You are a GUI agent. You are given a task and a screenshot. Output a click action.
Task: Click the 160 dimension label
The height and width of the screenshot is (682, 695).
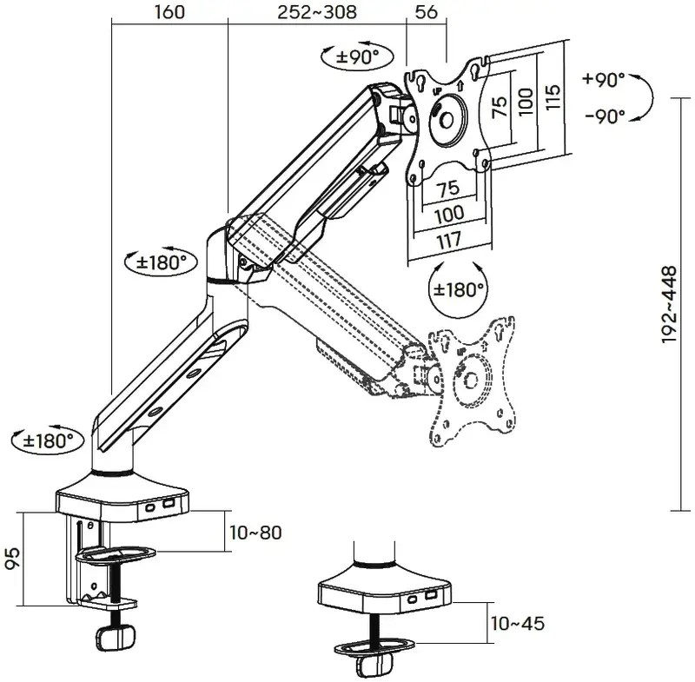click(x=169, y=12)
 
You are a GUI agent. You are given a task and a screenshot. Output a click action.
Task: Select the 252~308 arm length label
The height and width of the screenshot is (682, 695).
click(x=317, y=12)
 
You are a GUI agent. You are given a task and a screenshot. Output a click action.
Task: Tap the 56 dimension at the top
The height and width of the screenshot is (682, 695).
click(x=427, y=12)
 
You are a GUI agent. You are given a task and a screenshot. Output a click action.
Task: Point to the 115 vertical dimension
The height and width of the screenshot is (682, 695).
click(x=553, y=97)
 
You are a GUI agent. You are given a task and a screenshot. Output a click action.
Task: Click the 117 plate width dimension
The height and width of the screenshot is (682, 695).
click(x=449, y=242)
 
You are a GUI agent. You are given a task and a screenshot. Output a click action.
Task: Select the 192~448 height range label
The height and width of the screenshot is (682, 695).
click(x=669, y=304)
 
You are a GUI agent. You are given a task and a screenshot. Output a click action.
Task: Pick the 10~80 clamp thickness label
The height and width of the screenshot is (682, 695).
click(x=255, y=533)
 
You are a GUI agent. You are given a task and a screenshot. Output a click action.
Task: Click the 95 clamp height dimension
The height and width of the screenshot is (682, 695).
click(x=13, y=558)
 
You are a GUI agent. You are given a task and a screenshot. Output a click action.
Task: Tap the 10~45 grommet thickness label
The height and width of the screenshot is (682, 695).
click(x=517, y=624)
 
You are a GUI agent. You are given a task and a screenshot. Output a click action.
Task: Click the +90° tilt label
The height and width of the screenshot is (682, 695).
click(x=604, y=79)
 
